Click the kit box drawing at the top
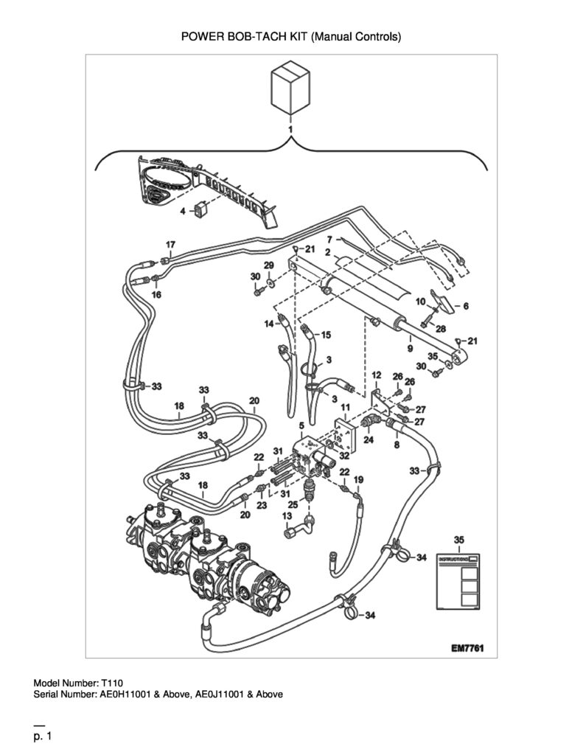click(x=290, y=88)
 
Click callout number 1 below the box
click(x=290, y=129)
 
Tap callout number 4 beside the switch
click(x=183, y=211)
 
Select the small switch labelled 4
click(x=200, y=209)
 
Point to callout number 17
click(x=170, y=245)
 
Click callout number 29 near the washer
click(x=268, y=265)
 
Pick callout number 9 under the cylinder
click(x=410, y=348)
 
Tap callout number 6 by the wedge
click(x=466, y=306)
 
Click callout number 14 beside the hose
click(x=269, y=324)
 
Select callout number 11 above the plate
click(x=345, y=408)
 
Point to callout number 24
click(x=369, y=439)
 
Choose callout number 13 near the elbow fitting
click(x=287, y=515)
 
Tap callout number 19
click(x=359, y=479)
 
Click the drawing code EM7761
click(x=467, y=648)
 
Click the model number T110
click(x=112, y=683)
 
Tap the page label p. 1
click(x=42, y=737)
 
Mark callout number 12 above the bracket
click(x=377, y=375)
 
